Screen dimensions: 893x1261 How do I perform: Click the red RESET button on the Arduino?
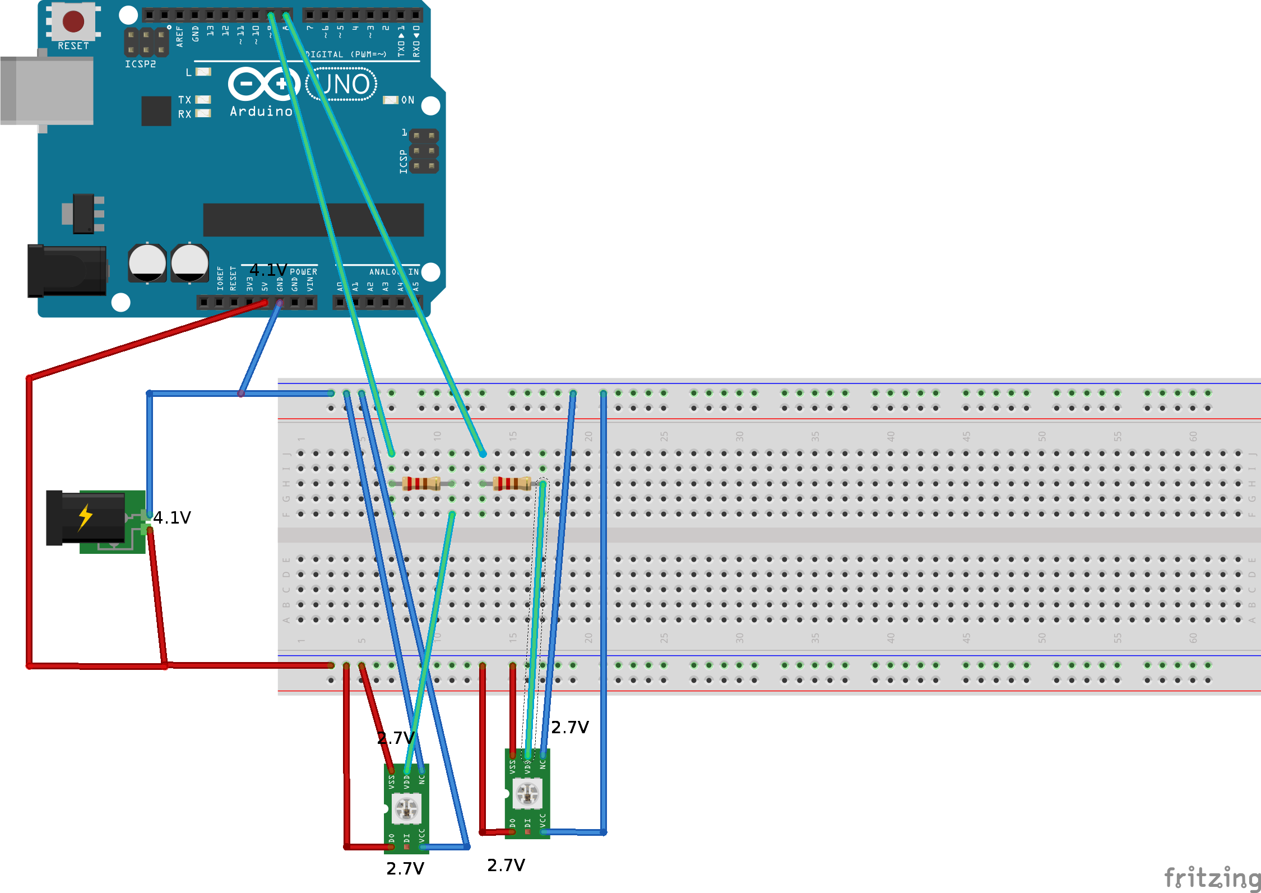(x=73, y=22)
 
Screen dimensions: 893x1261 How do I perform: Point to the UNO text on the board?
(x=343, y=85)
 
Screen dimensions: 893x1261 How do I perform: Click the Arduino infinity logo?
(x=263, y=84)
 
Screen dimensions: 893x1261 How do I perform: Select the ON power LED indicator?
(x=391, y=100)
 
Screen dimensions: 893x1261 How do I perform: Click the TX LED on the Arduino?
(x=203, y=100)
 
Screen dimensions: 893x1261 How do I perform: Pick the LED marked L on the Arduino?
(x=203, y=72)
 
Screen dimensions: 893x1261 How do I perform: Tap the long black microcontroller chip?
(x=313, y=220)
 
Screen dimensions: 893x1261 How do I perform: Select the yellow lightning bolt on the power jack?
(x=85, y=517)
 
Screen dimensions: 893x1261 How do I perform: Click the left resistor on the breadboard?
(x=421, y=483)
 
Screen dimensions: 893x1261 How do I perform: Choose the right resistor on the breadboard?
(x=511, y=483)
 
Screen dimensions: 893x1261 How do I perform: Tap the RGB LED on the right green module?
(x=527, y=794)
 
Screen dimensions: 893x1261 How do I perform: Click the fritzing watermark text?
(x=1212, y=878)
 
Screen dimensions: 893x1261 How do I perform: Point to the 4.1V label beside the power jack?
(x=172, y=517)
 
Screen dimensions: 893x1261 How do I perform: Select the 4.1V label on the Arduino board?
(x=268, y=270)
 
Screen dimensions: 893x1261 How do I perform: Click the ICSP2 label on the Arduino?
(x=140, y=64)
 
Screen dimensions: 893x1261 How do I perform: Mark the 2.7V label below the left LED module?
(x=405, y=868)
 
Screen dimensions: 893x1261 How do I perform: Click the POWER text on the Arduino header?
(x=303, y=272)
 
